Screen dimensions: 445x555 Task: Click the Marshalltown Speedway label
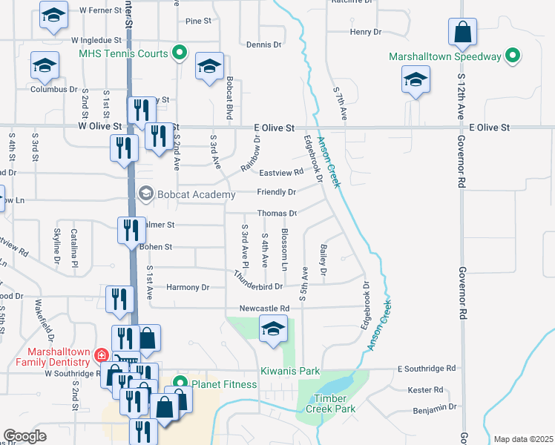click(445, 56)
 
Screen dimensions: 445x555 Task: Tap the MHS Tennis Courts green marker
click(179, 53)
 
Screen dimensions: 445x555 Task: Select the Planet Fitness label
click(223, 384)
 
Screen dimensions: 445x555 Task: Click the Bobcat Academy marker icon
click(146, 194)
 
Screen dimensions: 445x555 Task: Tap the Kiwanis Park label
click(289, 371)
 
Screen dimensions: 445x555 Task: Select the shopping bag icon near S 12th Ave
click(462, 32)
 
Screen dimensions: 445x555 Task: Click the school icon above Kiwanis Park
click(273, 329)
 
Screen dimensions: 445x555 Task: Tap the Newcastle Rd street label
click(263, 308)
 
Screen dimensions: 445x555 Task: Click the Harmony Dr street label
click(188, 287)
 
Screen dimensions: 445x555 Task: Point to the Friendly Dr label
click(276, 192)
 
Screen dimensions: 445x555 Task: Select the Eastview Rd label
click(281, 172)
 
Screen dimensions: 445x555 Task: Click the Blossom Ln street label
click(284, 249)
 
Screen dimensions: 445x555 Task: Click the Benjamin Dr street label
click(433, 408)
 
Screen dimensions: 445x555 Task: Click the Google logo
click(24, 436)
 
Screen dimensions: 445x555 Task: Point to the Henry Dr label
click(365, 32)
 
